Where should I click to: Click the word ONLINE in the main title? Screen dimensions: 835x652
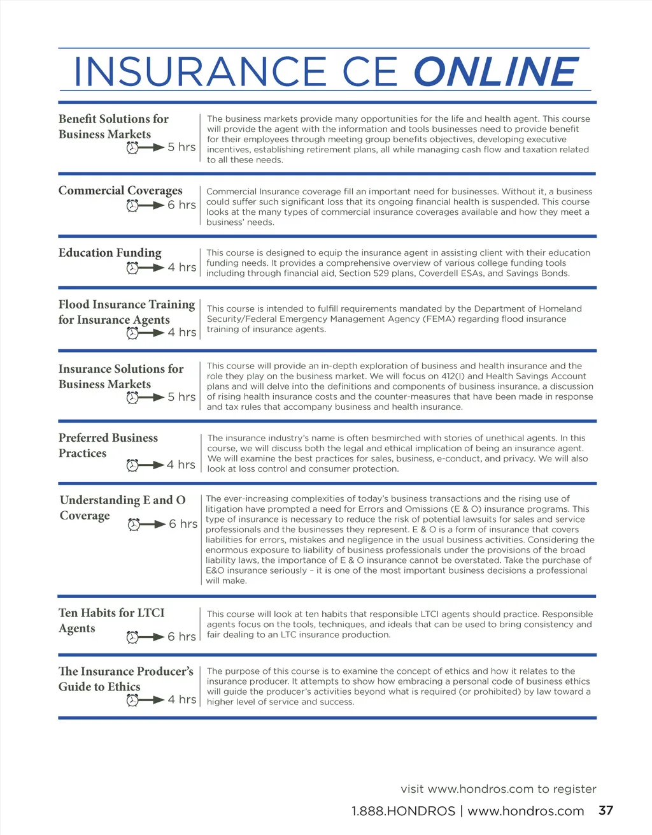[496, 71]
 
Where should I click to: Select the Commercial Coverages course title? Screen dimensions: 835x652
[120, 191]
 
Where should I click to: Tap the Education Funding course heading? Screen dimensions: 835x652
[110, 253]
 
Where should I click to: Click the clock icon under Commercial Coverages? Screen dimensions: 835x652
[132, 205]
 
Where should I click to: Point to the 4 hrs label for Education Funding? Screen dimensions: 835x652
[182, 268]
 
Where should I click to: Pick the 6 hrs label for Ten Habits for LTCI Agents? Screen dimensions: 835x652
[182, 637]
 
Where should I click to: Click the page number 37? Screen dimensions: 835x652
[606, 810]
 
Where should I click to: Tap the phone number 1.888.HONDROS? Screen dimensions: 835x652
[403, 811]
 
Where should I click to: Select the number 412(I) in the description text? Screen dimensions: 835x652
[453, 376]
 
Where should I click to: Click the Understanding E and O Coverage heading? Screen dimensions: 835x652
[122, 507]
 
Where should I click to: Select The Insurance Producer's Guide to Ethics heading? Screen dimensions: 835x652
[125, 679]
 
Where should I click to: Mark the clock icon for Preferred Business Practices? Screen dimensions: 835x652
[132, 465]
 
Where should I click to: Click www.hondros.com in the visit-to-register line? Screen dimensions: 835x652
[481, 788]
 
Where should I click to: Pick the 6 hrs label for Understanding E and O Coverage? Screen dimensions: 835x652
[183, 524]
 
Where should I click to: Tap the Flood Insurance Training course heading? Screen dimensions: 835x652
[126, 312]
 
